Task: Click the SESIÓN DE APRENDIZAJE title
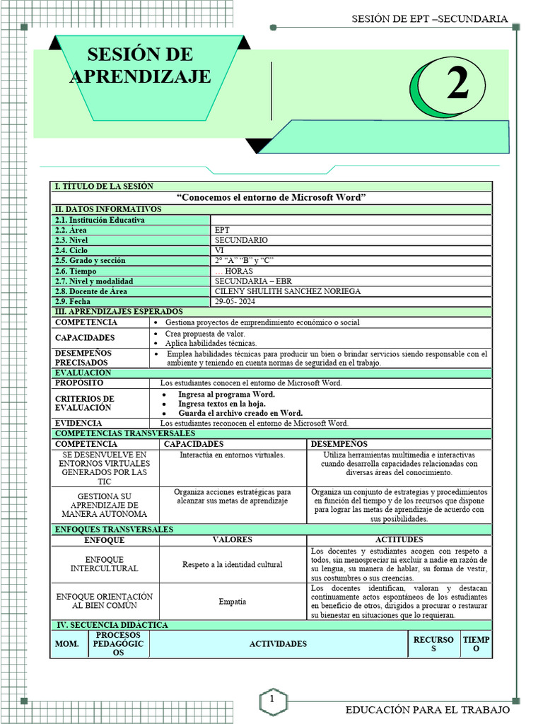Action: (x=140, y=66)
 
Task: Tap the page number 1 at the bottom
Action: (x=271, y=699)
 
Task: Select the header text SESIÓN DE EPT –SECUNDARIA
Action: (x=429, y=18)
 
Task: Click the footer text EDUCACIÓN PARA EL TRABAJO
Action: (x=427, y=709)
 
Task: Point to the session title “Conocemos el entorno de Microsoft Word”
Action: (x=271, y=197)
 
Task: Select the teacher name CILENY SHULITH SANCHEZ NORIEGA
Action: (x=287, y=291)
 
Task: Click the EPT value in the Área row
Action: (x=222, y=230)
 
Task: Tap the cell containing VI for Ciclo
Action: (x=219, y=250)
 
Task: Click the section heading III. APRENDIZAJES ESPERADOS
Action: (x=119, y=312)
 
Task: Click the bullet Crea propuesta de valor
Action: (x=205, y=333)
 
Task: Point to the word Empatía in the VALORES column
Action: (x=233, y=602)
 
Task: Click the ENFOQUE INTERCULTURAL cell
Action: (x=104, y=564)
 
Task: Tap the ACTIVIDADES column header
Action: (x=278, y=644)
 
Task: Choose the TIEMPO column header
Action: (x=475, y=644)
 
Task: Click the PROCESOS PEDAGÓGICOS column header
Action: (x=119, y=644)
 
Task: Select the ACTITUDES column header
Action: (x=399, y=540)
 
